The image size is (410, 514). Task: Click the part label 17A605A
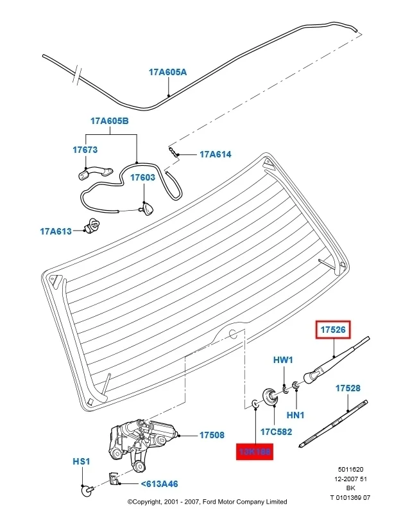(x=167, y=73)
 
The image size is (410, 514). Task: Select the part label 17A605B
(x=109, y=120)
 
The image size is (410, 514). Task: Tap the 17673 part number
(x=85, y=150)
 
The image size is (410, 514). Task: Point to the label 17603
(x=143, y=177)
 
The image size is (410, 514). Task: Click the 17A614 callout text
(x=215, y=154)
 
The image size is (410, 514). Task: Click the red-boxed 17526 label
(x=334, y=330)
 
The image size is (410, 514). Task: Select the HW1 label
(x=283, y=360)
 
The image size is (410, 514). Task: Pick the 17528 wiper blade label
(x=348, y=388)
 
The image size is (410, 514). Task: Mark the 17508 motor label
(x=212, y=435)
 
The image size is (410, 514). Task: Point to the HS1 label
(x=81, y=461)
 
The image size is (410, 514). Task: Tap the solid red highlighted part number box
(x=254, y=452)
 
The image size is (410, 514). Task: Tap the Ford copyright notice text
(x=207, y=502)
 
